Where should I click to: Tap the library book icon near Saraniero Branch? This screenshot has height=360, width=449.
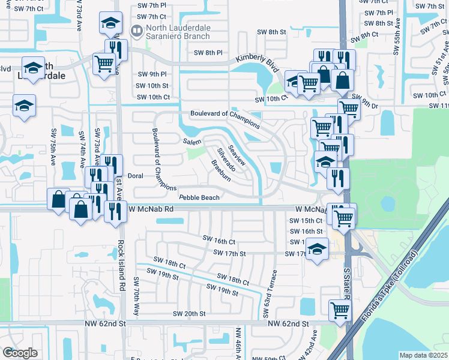click(137, 30)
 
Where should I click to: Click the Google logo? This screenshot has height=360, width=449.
click(20, 353)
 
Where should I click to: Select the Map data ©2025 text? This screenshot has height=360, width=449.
click(423, 355)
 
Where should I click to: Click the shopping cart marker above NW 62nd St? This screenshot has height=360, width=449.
click(340, 311)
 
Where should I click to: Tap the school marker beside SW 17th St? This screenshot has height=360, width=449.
click(316, 248)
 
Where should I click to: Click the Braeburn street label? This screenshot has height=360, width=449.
click(220, 170)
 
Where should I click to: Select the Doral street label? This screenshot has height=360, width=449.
click(136, 176)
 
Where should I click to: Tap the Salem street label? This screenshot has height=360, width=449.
click(192, 142)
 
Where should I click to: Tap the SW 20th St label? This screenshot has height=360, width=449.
click(189, 314)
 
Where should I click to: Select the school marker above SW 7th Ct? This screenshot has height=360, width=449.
click(110, 23)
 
